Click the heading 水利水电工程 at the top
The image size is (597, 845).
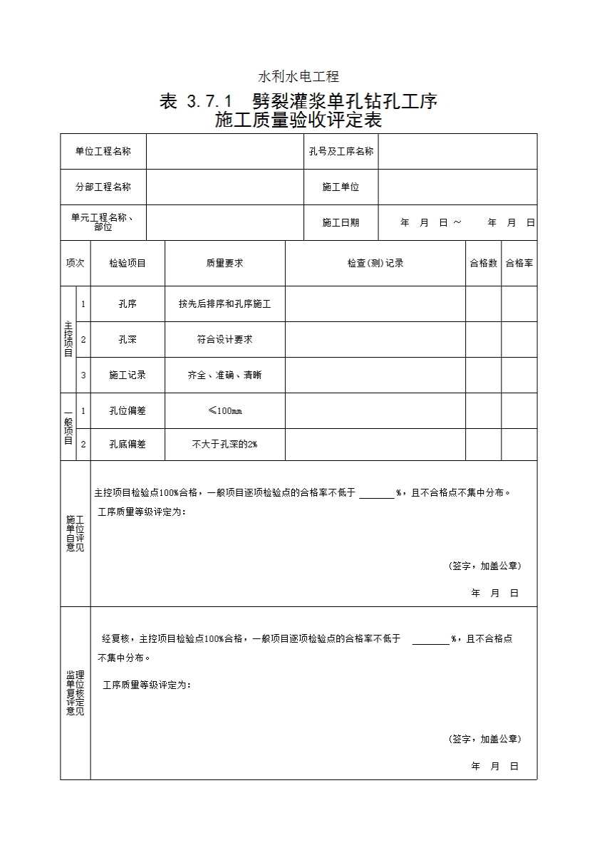298,76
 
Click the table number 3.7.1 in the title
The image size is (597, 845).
209,102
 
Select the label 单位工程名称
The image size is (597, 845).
103,151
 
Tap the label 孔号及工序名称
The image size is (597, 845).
341,151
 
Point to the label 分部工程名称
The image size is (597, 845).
103,187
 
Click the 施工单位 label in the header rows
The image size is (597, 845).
341,187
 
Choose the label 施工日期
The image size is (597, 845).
341,222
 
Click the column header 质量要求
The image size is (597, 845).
224,263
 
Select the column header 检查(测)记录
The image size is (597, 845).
375,263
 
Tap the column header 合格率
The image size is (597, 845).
519,263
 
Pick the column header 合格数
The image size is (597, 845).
483,263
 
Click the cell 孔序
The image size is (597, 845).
128,304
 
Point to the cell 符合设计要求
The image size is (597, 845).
224,339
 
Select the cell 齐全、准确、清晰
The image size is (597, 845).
224,375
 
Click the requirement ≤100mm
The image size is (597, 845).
224,410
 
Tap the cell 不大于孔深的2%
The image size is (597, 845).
224,444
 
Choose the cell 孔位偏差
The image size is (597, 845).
128,410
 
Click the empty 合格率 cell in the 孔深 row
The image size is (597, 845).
519,339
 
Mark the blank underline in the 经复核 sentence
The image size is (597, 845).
430,640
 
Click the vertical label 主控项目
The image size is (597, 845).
68,339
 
